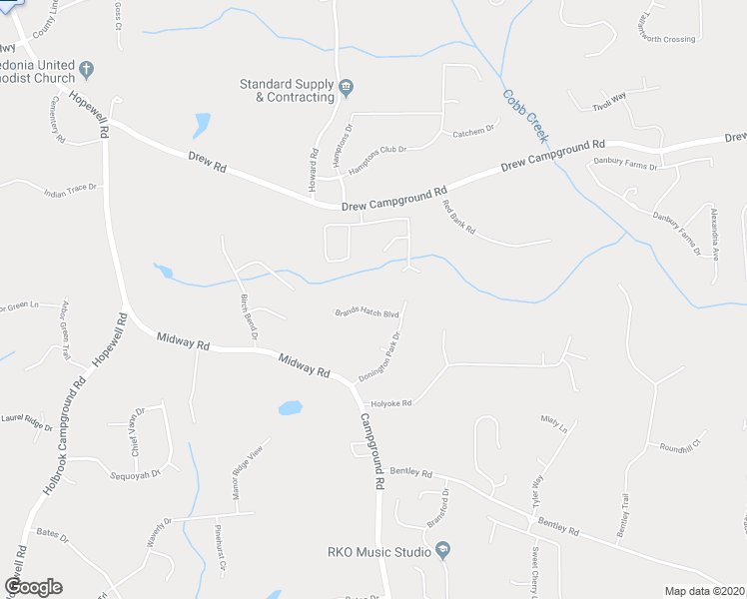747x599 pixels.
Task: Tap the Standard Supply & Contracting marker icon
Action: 347,87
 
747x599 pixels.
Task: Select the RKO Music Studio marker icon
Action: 442,551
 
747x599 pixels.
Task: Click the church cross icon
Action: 87,69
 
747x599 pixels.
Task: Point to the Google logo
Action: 34,587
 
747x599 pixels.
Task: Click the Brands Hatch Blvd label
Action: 366,313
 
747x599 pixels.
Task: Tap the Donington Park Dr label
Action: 380,356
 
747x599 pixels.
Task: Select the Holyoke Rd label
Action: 391,403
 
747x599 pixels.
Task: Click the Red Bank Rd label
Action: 458,218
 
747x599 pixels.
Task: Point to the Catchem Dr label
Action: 474,132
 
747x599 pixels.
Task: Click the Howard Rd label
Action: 313,171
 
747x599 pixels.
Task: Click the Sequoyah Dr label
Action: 138,475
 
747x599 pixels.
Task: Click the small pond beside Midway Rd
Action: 290,407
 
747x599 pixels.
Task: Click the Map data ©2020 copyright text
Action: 705,591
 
